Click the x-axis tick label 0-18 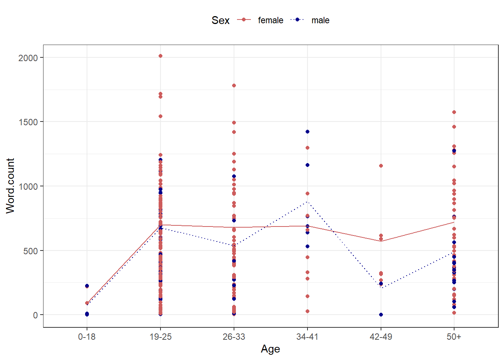pyautogui.click(x=87, y=337)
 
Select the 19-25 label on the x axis pyautogui.click(x=160, y=337)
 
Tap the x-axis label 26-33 pyautogui.click(x=234, y=337)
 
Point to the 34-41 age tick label pyautogui.click(x=307, y=337)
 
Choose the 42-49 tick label pyautogui.click(x=381, y=337)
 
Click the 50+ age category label pyautogui.click(x=454, y=337)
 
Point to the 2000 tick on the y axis pyautogui.click(x=28, y=58)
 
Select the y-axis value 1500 pyautogui.click(x=28, y=122)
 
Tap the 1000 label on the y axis pyautogui.click(x=28, y=186)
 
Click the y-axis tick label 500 pyautogui.click(x=31, y=251)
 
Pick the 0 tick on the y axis pyautogui.click(x=35, y=315)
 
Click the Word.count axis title pyautogui.click(x=10, y=186)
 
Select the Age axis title pyautogui.click(x=270, y=349)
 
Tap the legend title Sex pyautogui.click(x=220, y=20)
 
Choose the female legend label pyautogui.click(x=270, y=20)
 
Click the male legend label pyautogui.click(x=320, y=20)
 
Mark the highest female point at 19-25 pyautogui.click(x=160, y=56)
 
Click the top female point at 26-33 pyautogui.click(x=234, y=85)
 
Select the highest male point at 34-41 pyautogui.click(x=307, y=132)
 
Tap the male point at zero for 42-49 pyautogui.click(x=381, y=315)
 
